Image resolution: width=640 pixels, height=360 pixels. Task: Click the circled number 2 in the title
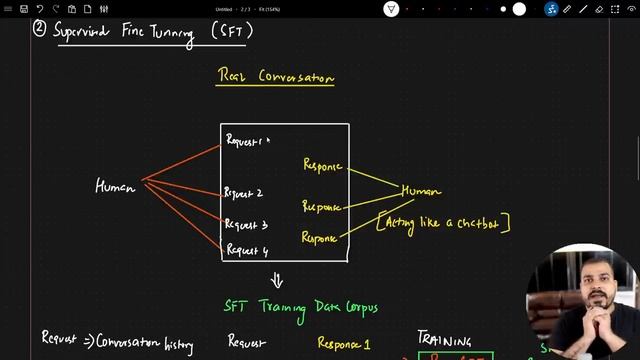(x=39, y=29)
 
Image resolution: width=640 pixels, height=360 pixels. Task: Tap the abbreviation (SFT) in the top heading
(x=232, y=30)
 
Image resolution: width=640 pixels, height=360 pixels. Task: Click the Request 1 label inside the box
(x=245, y=141)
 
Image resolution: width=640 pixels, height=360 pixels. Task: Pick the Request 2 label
(x=244, y=193)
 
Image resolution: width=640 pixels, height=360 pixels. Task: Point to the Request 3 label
(x=246, y=225)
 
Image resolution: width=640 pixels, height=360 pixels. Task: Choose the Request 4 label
(x=247, y=250)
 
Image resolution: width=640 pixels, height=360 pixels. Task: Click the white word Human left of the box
(x=115, y=186)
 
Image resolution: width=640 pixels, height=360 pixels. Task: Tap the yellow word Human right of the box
(x=420, y=191)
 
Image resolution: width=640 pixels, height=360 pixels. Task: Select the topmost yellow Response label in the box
(x=322, y=165)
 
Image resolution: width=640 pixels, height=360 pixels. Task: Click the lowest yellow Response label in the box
(x=319, y=238)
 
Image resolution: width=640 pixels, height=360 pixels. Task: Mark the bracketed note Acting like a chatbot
(x=444, y=221)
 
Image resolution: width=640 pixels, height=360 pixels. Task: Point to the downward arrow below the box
(x=277, y=281)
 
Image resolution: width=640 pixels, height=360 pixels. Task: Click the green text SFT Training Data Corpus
(x=300, y=306)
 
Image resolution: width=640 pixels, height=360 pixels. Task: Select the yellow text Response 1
(x=344, y=343)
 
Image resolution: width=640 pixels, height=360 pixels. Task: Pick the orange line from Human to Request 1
(x=182, y=163)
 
